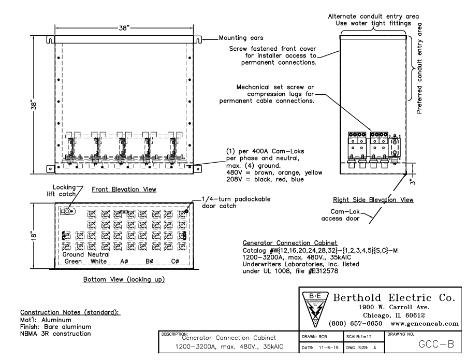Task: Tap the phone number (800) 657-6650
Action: tap(356, 323)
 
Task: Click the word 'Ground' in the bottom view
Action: tap(74, 255)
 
